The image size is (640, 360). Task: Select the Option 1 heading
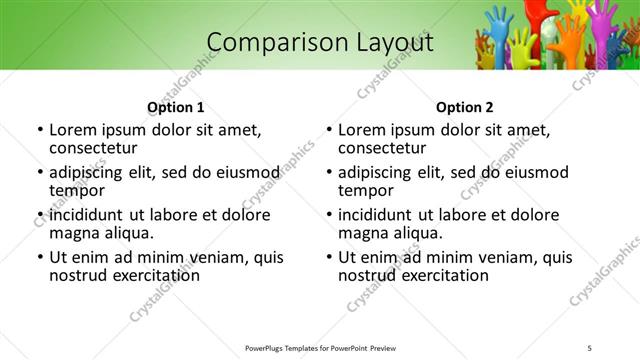coord(176,107)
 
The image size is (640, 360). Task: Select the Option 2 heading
coord(465,107)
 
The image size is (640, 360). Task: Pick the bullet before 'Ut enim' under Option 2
coord(329,257)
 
